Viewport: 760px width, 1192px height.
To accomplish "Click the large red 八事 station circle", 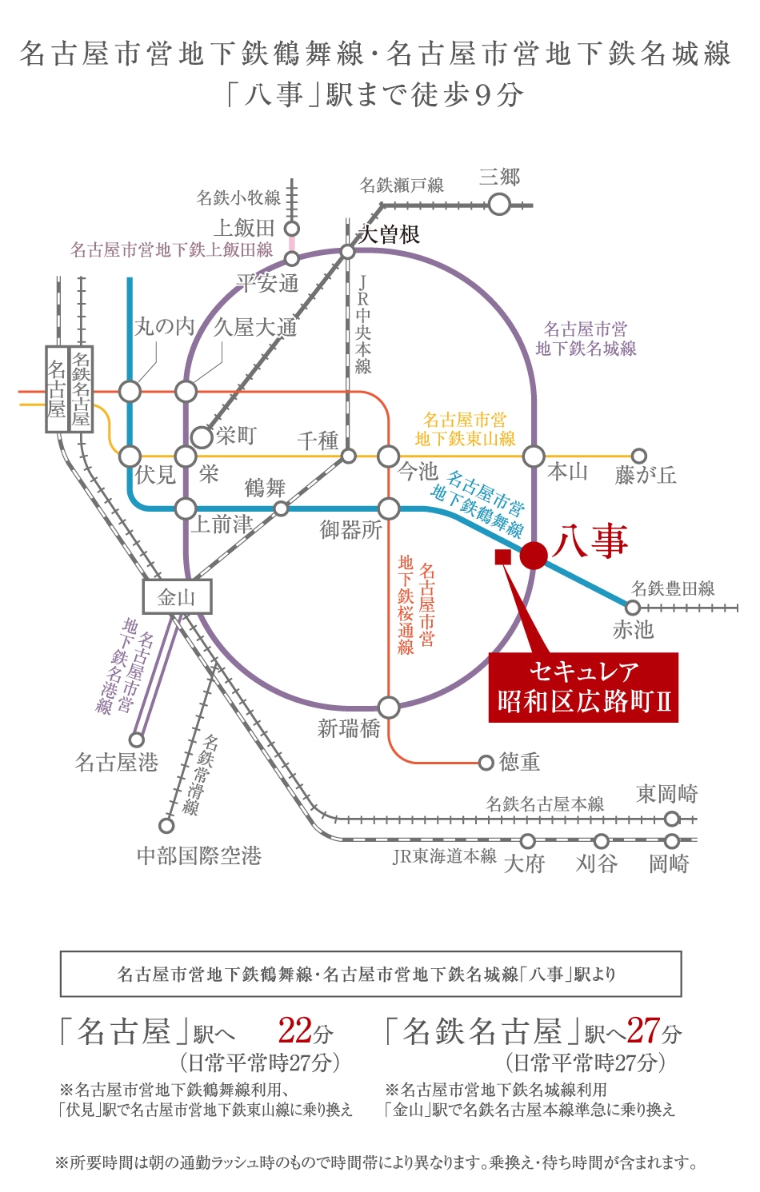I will click(534, 555).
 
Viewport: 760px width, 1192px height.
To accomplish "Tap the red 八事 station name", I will click(590, 540).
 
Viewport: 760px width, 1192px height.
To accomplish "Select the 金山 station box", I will click(177, 596).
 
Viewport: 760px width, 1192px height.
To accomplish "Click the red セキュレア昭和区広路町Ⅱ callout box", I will click(583, 688).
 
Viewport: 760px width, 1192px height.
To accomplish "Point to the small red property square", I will click(503, 557).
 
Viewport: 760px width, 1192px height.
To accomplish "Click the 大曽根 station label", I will click(389, 234).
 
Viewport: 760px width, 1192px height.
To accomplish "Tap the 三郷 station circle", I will click(499, 205).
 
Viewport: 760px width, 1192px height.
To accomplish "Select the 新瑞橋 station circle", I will click(389, 708).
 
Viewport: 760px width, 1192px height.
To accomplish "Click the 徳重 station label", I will click(519, 762).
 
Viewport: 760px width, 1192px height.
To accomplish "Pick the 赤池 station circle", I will click(632, 608).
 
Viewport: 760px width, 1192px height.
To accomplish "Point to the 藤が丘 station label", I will click(646, 475).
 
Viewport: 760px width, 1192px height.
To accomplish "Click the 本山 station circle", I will click(534, 456).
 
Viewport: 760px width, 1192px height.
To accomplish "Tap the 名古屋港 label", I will click(117, 762).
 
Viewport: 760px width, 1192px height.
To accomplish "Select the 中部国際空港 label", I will click(199, 856).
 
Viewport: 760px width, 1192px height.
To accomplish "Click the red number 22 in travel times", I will click(294, 1031).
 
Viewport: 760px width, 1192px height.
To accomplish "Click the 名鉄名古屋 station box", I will click(82, 389).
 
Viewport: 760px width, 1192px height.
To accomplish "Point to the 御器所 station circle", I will click(389, 508).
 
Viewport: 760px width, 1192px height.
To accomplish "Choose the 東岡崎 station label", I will click(666, 794).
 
